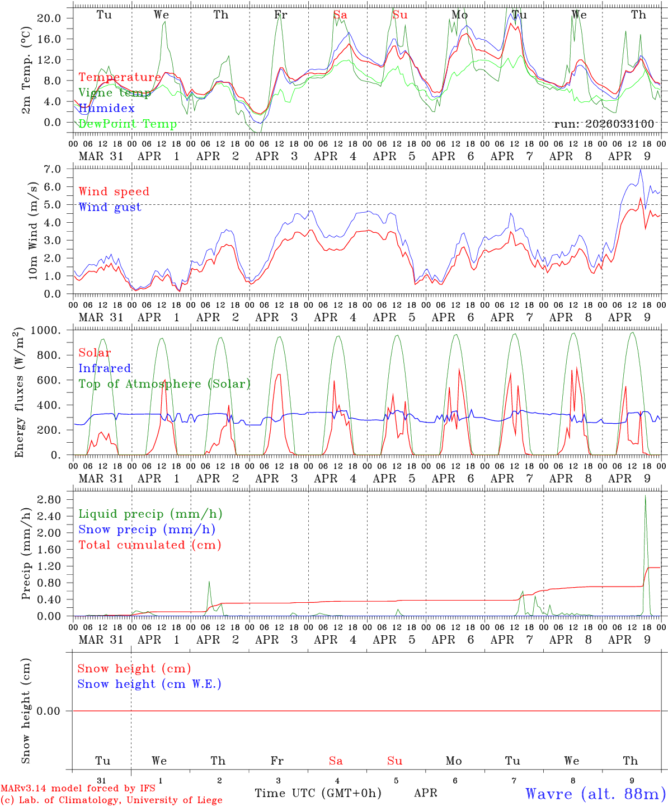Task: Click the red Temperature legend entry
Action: click(x=120, y=77)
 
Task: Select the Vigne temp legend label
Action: click(x=115, y=93)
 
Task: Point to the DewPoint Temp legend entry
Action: click(x=128, y=124)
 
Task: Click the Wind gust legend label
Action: click(x=110, y=207)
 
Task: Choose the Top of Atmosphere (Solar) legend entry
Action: click(x=164, y=384)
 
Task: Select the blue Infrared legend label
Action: click(x=105, y=368)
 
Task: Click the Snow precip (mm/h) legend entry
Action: click(x=147, y=529)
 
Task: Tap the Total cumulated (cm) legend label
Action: click(x=149, y=545)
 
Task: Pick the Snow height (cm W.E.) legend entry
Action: click(x=149, y=684)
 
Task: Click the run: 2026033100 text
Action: click(x=604, y=124)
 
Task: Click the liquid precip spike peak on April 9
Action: click(x=645, y=495)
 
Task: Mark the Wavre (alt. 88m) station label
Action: click(x=595, y=794)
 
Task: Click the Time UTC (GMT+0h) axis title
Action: click(x=318, y=793)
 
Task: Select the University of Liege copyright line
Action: click(x=111, y=800)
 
